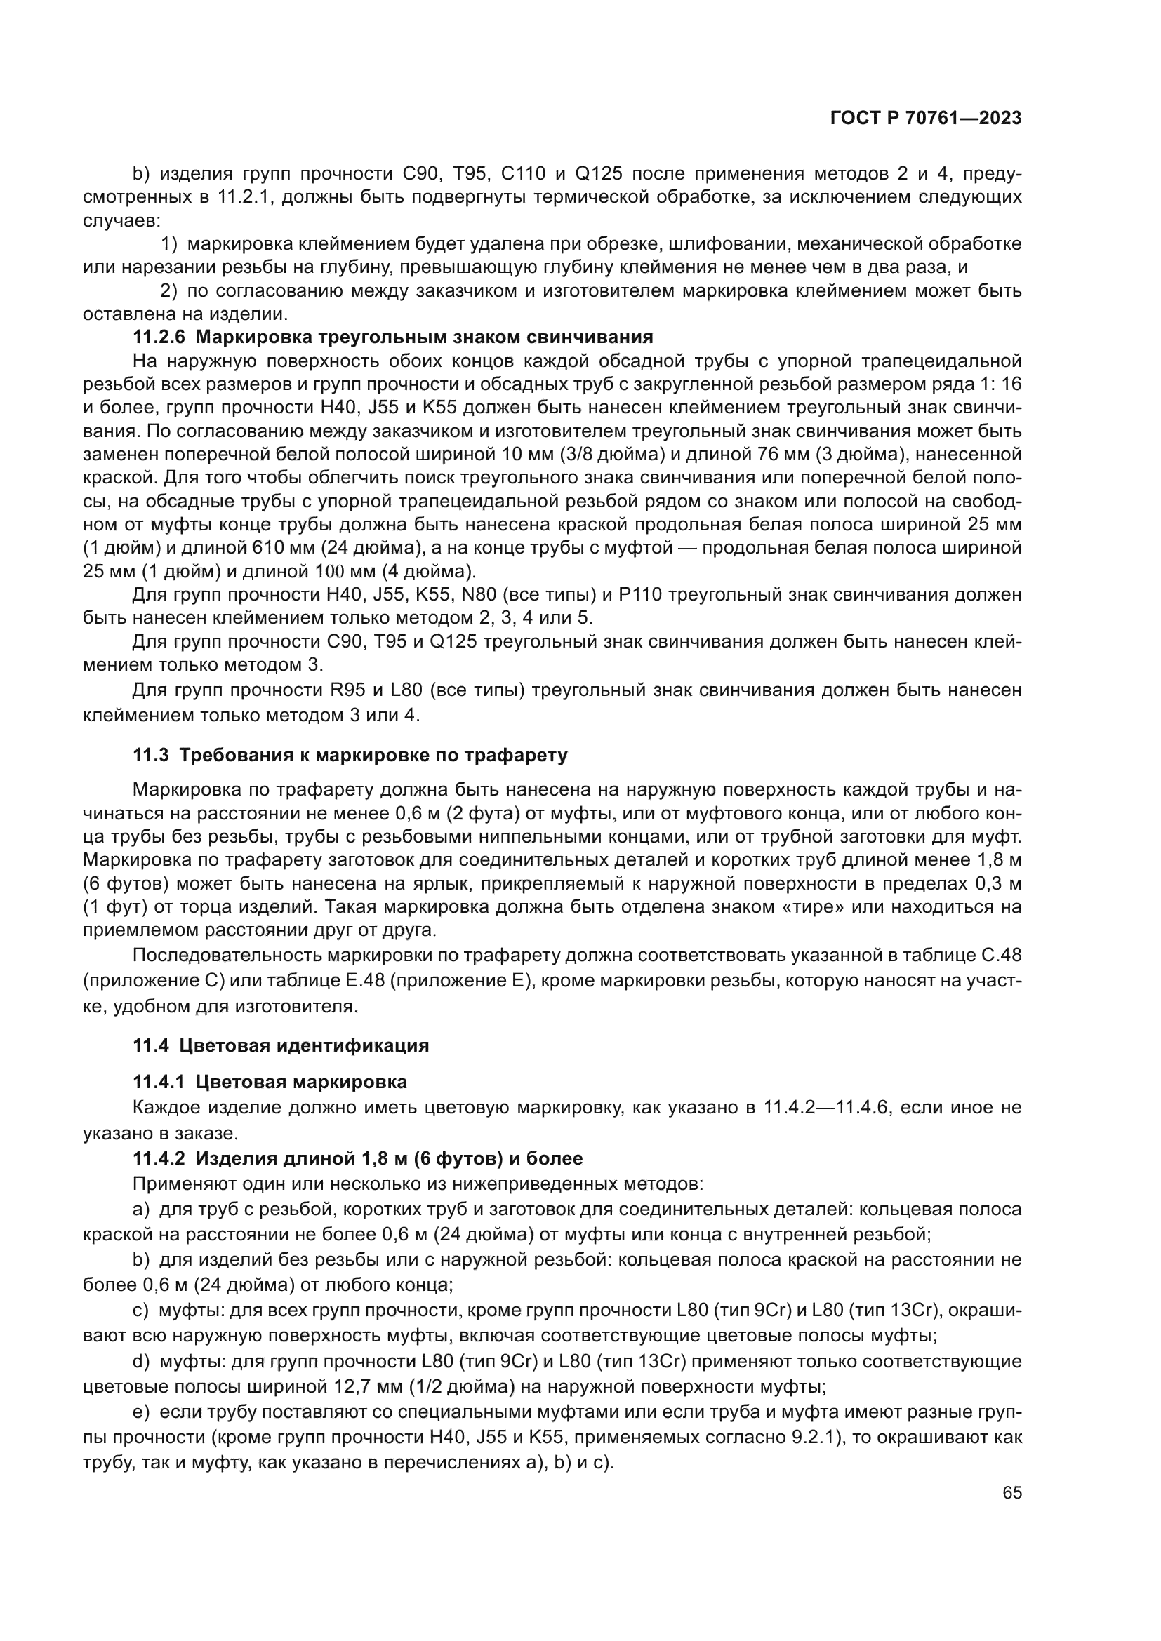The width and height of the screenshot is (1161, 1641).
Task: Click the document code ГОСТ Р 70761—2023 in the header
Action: click(926, 119)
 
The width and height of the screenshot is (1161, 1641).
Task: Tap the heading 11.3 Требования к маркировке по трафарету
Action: click(350, 756)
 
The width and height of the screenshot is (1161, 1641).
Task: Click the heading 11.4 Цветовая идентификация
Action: click(281, 1045)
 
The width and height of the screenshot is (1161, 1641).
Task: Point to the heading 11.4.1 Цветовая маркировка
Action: click(270, 1082)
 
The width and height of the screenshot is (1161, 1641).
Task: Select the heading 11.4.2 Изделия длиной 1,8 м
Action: click(357, 1158)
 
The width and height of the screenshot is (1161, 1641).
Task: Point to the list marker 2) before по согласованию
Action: click(168, 291)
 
